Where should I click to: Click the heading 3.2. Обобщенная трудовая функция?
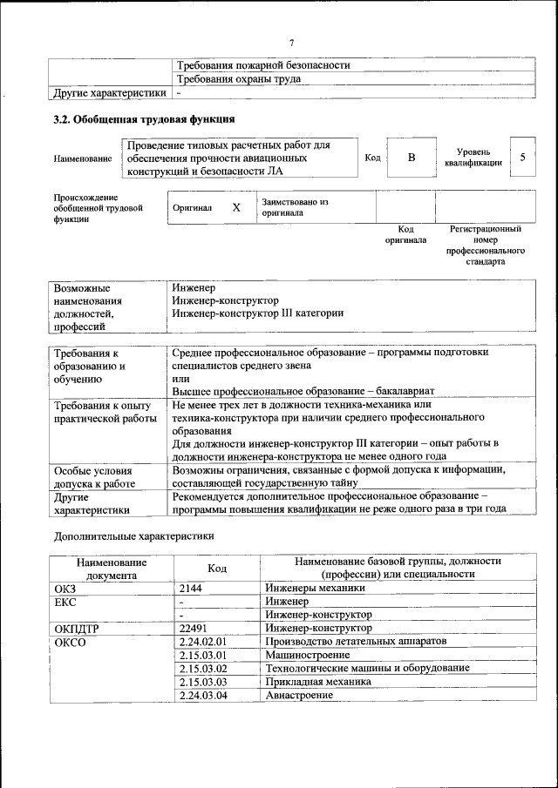(144, 119)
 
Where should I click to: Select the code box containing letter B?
(412, 158)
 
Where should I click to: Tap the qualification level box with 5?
(522, 157)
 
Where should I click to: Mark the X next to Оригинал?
(235, 207)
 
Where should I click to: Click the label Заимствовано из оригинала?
(295, 206)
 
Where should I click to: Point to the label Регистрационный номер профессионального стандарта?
(485, 245)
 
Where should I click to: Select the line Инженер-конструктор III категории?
(258, 313)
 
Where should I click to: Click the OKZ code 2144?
(190, 588)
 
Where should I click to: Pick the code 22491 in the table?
(193, 628)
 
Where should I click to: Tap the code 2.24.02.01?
(202, 641)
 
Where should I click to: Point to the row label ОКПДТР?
(79, 628)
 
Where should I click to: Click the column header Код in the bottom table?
(216, 569)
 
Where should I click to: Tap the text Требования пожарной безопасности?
(263, 65)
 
